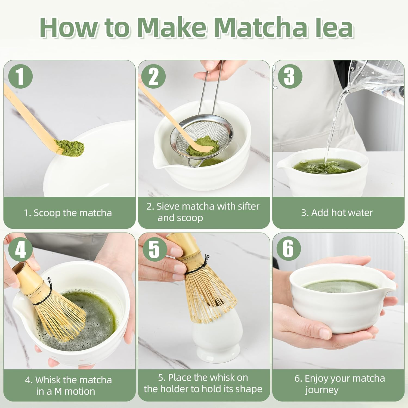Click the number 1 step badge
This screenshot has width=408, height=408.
click(x=20, y=76)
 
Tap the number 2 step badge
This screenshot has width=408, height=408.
click(x=153, y=76)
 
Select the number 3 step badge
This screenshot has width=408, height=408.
click(x=289, y=76)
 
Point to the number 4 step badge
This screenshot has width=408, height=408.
click(x=20, y=249)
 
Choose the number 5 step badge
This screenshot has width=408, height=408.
click(x=154, y=249)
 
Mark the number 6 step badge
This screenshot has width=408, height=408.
click(x=289, y=248)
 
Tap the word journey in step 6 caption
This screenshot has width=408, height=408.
click(x=322, y=390)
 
